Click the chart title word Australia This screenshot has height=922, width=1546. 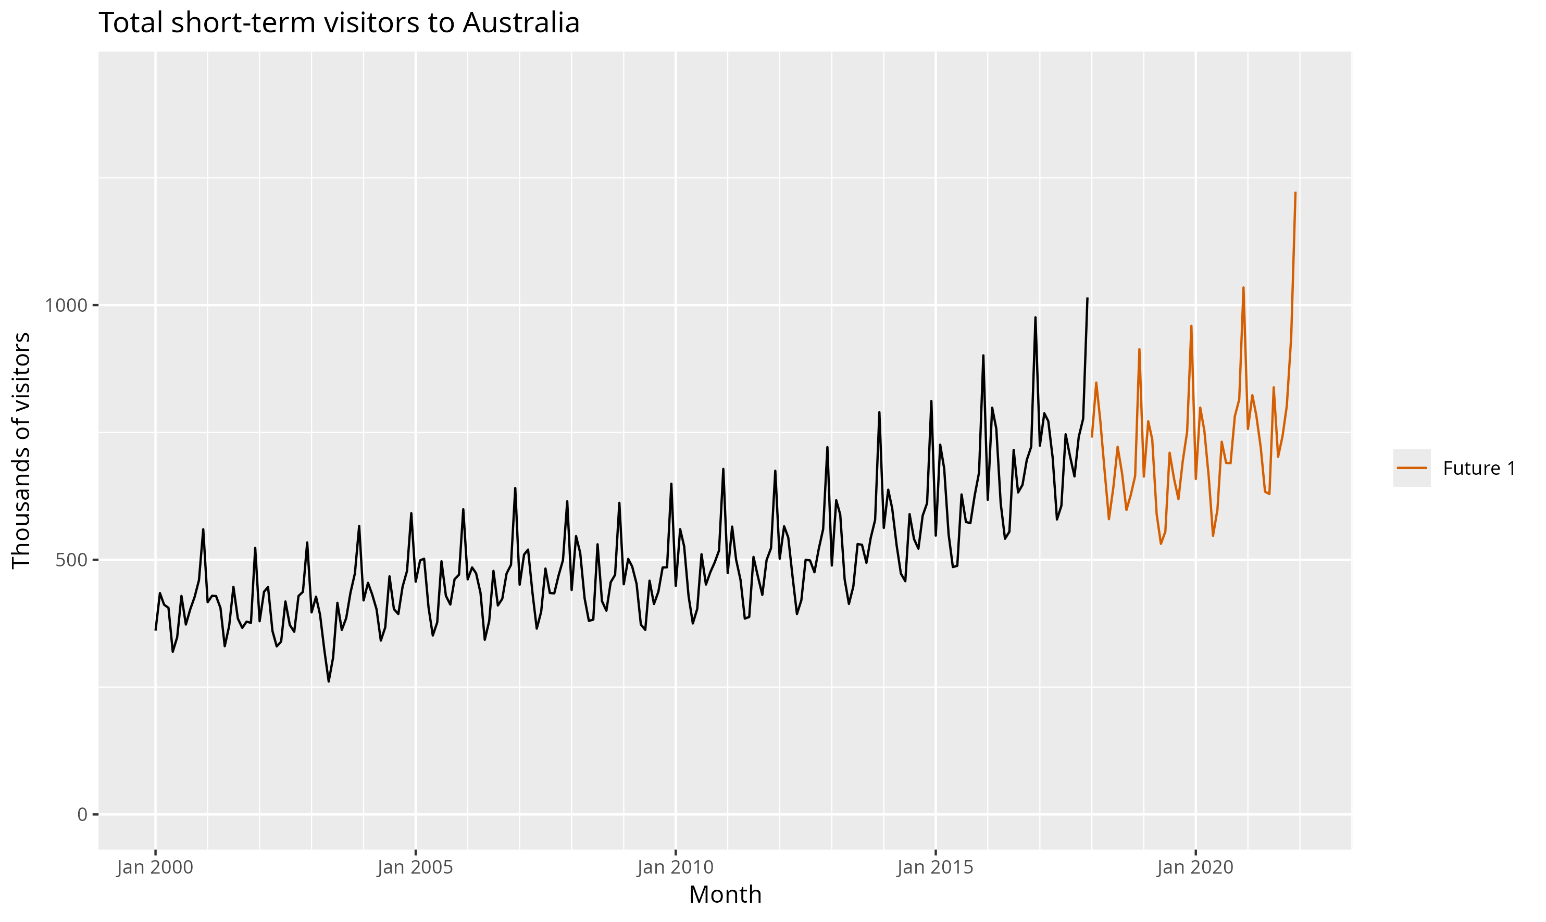520,23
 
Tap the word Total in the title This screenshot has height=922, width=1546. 131,23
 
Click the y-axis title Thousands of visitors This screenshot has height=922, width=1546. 21,450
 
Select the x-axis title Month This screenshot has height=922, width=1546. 725,894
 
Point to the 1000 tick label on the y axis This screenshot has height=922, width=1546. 64,306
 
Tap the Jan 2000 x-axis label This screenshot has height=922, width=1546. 155,867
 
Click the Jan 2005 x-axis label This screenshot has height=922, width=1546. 415,867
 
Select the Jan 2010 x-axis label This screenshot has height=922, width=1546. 675,867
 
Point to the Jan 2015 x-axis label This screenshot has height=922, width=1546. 935,867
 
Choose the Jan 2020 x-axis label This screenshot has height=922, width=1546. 1195,867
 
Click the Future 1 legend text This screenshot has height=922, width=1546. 1479,469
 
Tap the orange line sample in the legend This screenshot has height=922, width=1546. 1412,469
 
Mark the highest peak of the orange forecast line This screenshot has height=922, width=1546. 1295,193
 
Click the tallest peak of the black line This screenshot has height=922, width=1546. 1087,299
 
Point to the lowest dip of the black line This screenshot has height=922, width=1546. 329,681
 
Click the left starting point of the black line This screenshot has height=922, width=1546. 155,630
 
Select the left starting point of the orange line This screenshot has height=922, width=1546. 1092,437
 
